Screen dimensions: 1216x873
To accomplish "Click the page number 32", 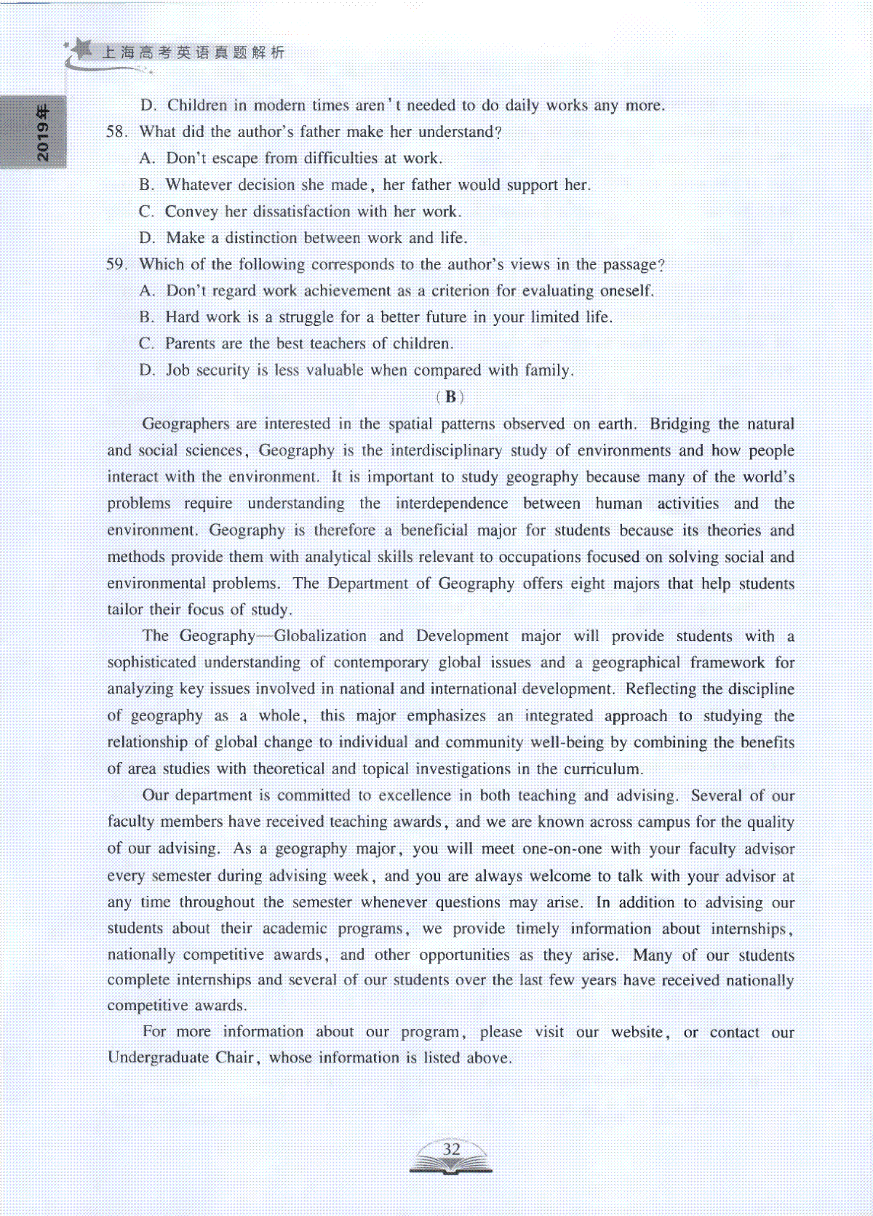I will coord(451,1149).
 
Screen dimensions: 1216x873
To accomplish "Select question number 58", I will coord(116,132).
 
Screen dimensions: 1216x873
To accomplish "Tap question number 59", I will coord(116,264).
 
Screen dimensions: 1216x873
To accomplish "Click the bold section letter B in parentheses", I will coord(450,397).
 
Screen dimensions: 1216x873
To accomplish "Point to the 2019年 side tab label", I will coord(43,133).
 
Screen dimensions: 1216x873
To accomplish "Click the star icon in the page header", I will coord(81,48).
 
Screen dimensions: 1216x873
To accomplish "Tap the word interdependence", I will coord(452,504).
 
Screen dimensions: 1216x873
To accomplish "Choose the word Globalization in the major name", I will coord(320,636).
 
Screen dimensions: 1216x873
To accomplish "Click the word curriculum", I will coord(602,769).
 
